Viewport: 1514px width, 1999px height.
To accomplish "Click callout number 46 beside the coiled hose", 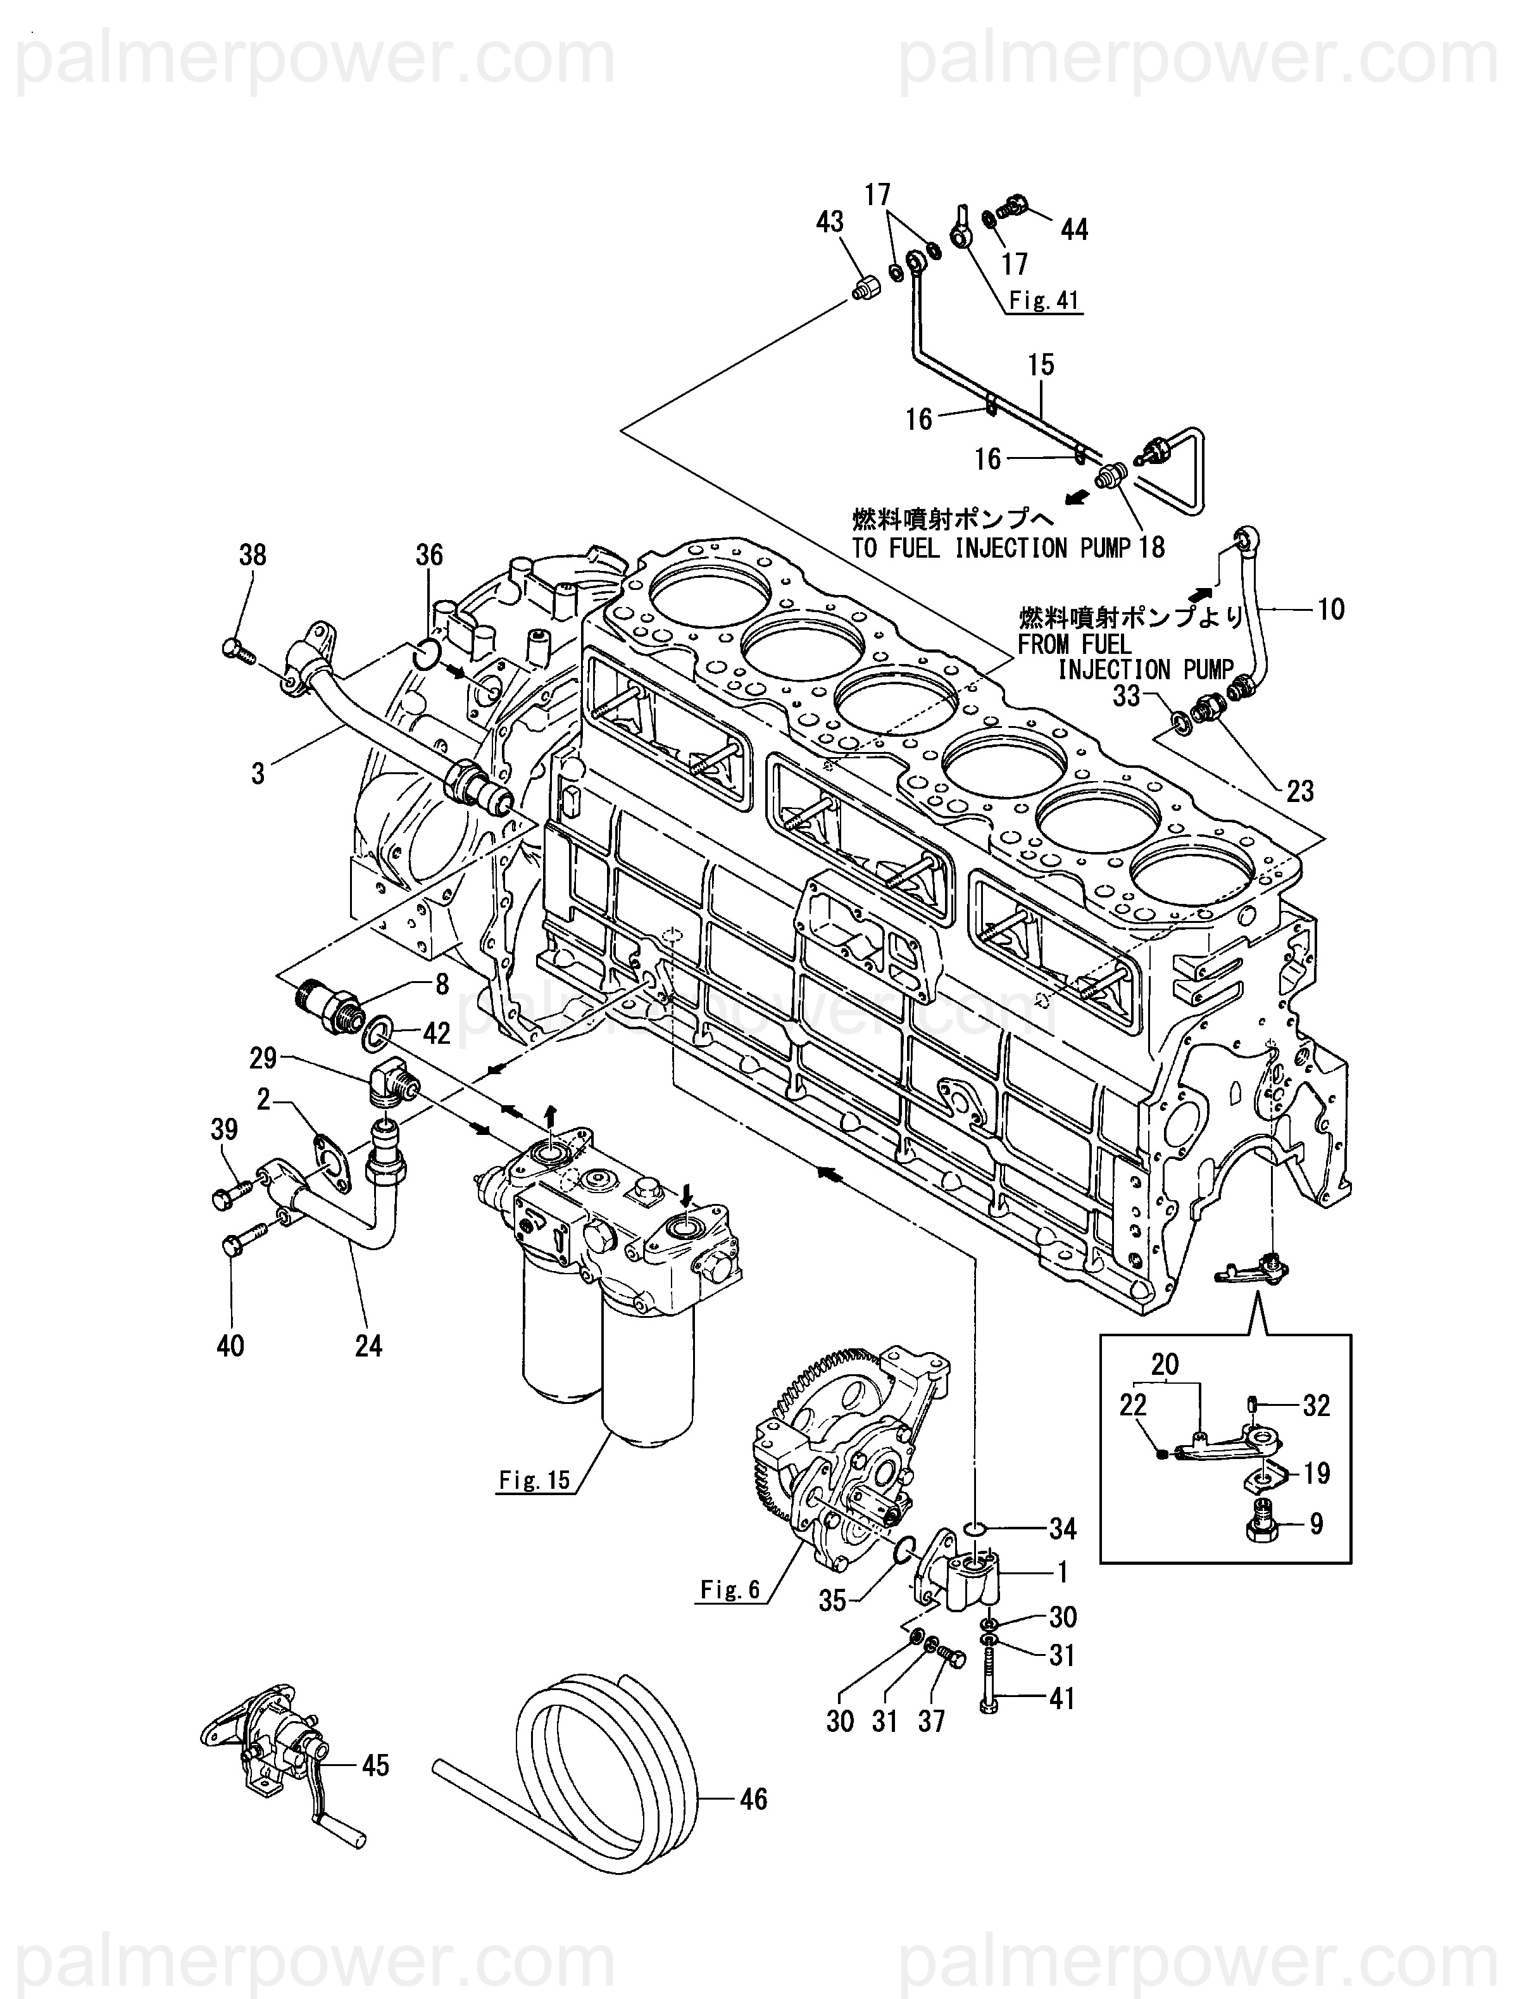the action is pyautogui.click(x=753, y=1798).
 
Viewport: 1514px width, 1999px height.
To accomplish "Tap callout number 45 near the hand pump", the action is pyautogui.click(x=375, y=1764).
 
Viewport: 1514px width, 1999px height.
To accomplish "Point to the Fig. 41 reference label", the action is pyautogui.click(x=1044, y=301).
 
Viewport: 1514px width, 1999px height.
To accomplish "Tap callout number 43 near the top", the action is pyautogui.click(x=829, y=222).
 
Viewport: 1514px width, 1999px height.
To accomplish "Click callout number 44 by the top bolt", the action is pyautogui.click(x=1074, y=230).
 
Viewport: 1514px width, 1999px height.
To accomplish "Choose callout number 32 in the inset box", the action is pyautogui.click(x=1316, y=1405).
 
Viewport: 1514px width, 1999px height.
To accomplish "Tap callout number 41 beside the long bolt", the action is pyautogui.click(x=1062, y=1698).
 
